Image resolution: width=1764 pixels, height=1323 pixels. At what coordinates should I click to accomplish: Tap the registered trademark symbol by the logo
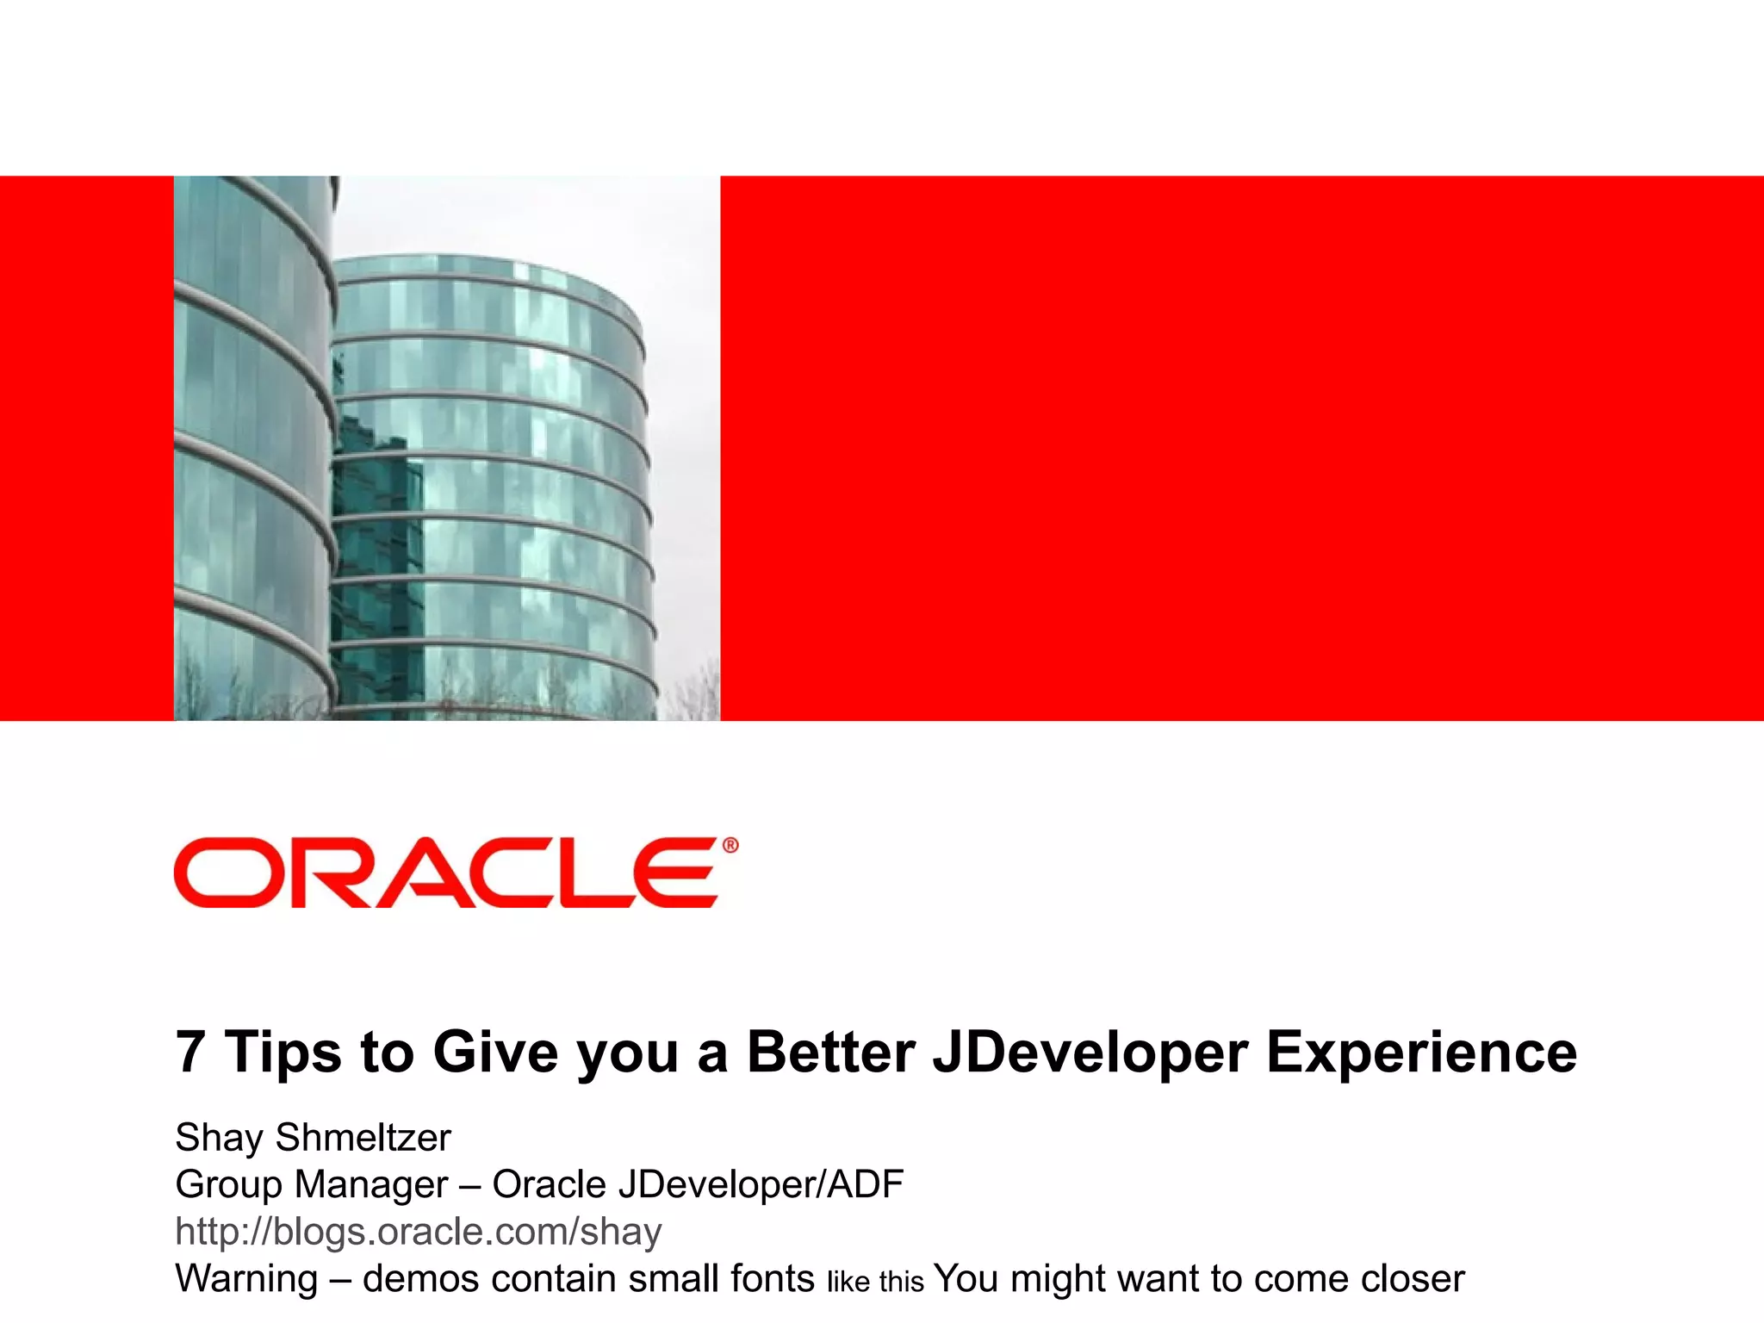[730, 846]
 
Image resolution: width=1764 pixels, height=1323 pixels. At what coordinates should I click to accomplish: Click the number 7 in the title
[190, 1052]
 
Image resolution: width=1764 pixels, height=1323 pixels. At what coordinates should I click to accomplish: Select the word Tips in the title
[283, 1053]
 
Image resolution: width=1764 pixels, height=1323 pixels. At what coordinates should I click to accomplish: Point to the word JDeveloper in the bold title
[1090, 1053]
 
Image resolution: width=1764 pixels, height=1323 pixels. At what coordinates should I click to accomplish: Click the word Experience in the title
[1421, 1053]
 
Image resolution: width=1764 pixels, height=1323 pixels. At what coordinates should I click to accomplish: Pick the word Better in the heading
[830, 1052]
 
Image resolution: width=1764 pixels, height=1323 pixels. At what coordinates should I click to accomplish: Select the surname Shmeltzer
[363, 1138]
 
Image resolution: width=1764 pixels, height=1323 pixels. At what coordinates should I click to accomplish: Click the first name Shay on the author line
[219, 1138]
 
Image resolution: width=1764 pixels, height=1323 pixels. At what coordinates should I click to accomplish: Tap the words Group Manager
[311, 1185]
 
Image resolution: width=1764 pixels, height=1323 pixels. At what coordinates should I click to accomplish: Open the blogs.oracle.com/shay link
[418, 1232]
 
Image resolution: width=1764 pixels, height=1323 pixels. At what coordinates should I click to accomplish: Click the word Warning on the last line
[246, 1279]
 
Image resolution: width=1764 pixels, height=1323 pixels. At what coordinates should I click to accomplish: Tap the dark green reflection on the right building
[375, 551]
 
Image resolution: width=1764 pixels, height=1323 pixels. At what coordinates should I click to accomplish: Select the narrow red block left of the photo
[86, 448]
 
